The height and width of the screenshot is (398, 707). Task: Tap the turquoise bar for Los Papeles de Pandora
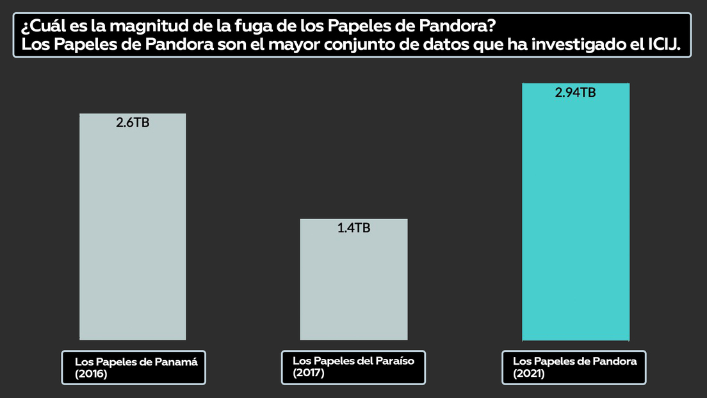click(576, 218)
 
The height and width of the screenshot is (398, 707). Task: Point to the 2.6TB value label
click(133, 123)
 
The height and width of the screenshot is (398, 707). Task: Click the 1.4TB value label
click(353, 228)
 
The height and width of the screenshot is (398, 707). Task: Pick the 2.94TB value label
click(575, 93)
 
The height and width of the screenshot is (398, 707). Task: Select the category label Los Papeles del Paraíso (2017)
click(353, 367)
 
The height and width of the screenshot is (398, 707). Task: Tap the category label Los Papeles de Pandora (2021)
click(574, 367)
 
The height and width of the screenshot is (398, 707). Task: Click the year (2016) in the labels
click(91, 374)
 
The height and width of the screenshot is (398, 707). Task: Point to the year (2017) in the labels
click(309, 373)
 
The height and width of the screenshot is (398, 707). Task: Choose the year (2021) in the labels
click(529, 374)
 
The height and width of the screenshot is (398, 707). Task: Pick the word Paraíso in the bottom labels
click(391, 361)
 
